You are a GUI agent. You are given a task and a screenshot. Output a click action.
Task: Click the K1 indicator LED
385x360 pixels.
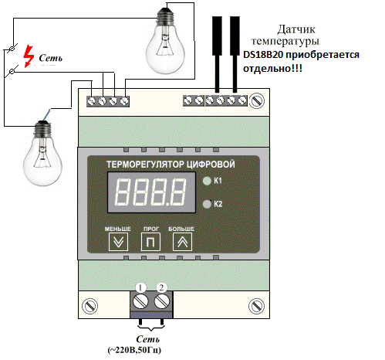(207, 181)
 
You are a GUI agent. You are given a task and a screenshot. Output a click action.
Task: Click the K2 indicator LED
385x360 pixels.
(207, 204)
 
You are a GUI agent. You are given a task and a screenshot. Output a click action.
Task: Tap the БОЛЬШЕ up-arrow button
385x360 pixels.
(182, 242)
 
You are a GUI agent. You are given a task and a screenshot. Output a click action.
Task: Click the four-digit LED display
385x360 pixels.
(151, 192)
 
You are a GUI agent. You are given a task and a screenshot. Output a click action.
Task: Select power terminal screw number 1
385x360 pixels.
(140, 301)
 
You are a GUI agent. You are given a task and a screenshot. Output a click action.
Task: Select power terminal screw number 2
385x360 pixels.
(162, 301)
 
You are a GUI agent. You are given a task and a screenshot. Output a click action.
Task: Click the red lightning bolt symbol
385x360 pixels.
(29, 56)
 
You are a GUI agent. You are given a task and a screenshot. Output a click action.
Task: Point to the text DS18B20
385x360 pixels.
(262, 55)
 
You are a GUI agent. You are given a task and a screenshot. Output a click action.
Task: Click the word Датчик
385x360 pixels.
(296, 29)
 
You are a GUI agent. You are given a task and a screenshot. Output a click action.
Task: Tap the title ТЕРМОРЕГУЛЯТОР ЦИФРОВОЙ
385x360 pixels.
(171, 165)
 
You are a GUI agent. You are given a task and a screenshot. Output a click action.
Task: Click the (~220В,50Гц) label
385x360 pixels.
(134, 350)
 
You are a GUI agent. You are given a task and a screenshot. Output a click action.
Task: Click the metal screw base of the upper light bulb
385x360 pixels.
(166, 16)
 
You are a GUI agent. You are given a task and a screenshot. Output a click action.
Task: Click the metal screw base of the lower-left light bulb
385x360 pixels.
(43, 129)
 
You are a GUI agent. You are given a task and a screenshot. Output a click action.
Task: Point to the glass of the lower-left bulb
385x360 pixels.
(42, 160)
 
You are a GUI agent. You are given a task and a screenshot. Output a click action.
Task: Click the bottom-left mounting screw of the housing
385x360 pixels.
(89, 306)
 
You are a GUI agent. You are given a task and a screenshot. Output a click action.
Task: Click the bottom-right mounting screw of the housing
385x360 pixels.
(256, 306)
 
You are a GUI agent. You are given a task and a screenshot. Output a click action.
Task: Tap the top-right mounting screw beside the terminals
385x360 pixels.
(257, 100)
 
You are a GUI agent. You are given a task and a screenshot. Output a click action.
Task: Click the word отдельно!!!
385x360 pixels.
(272, 69)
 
